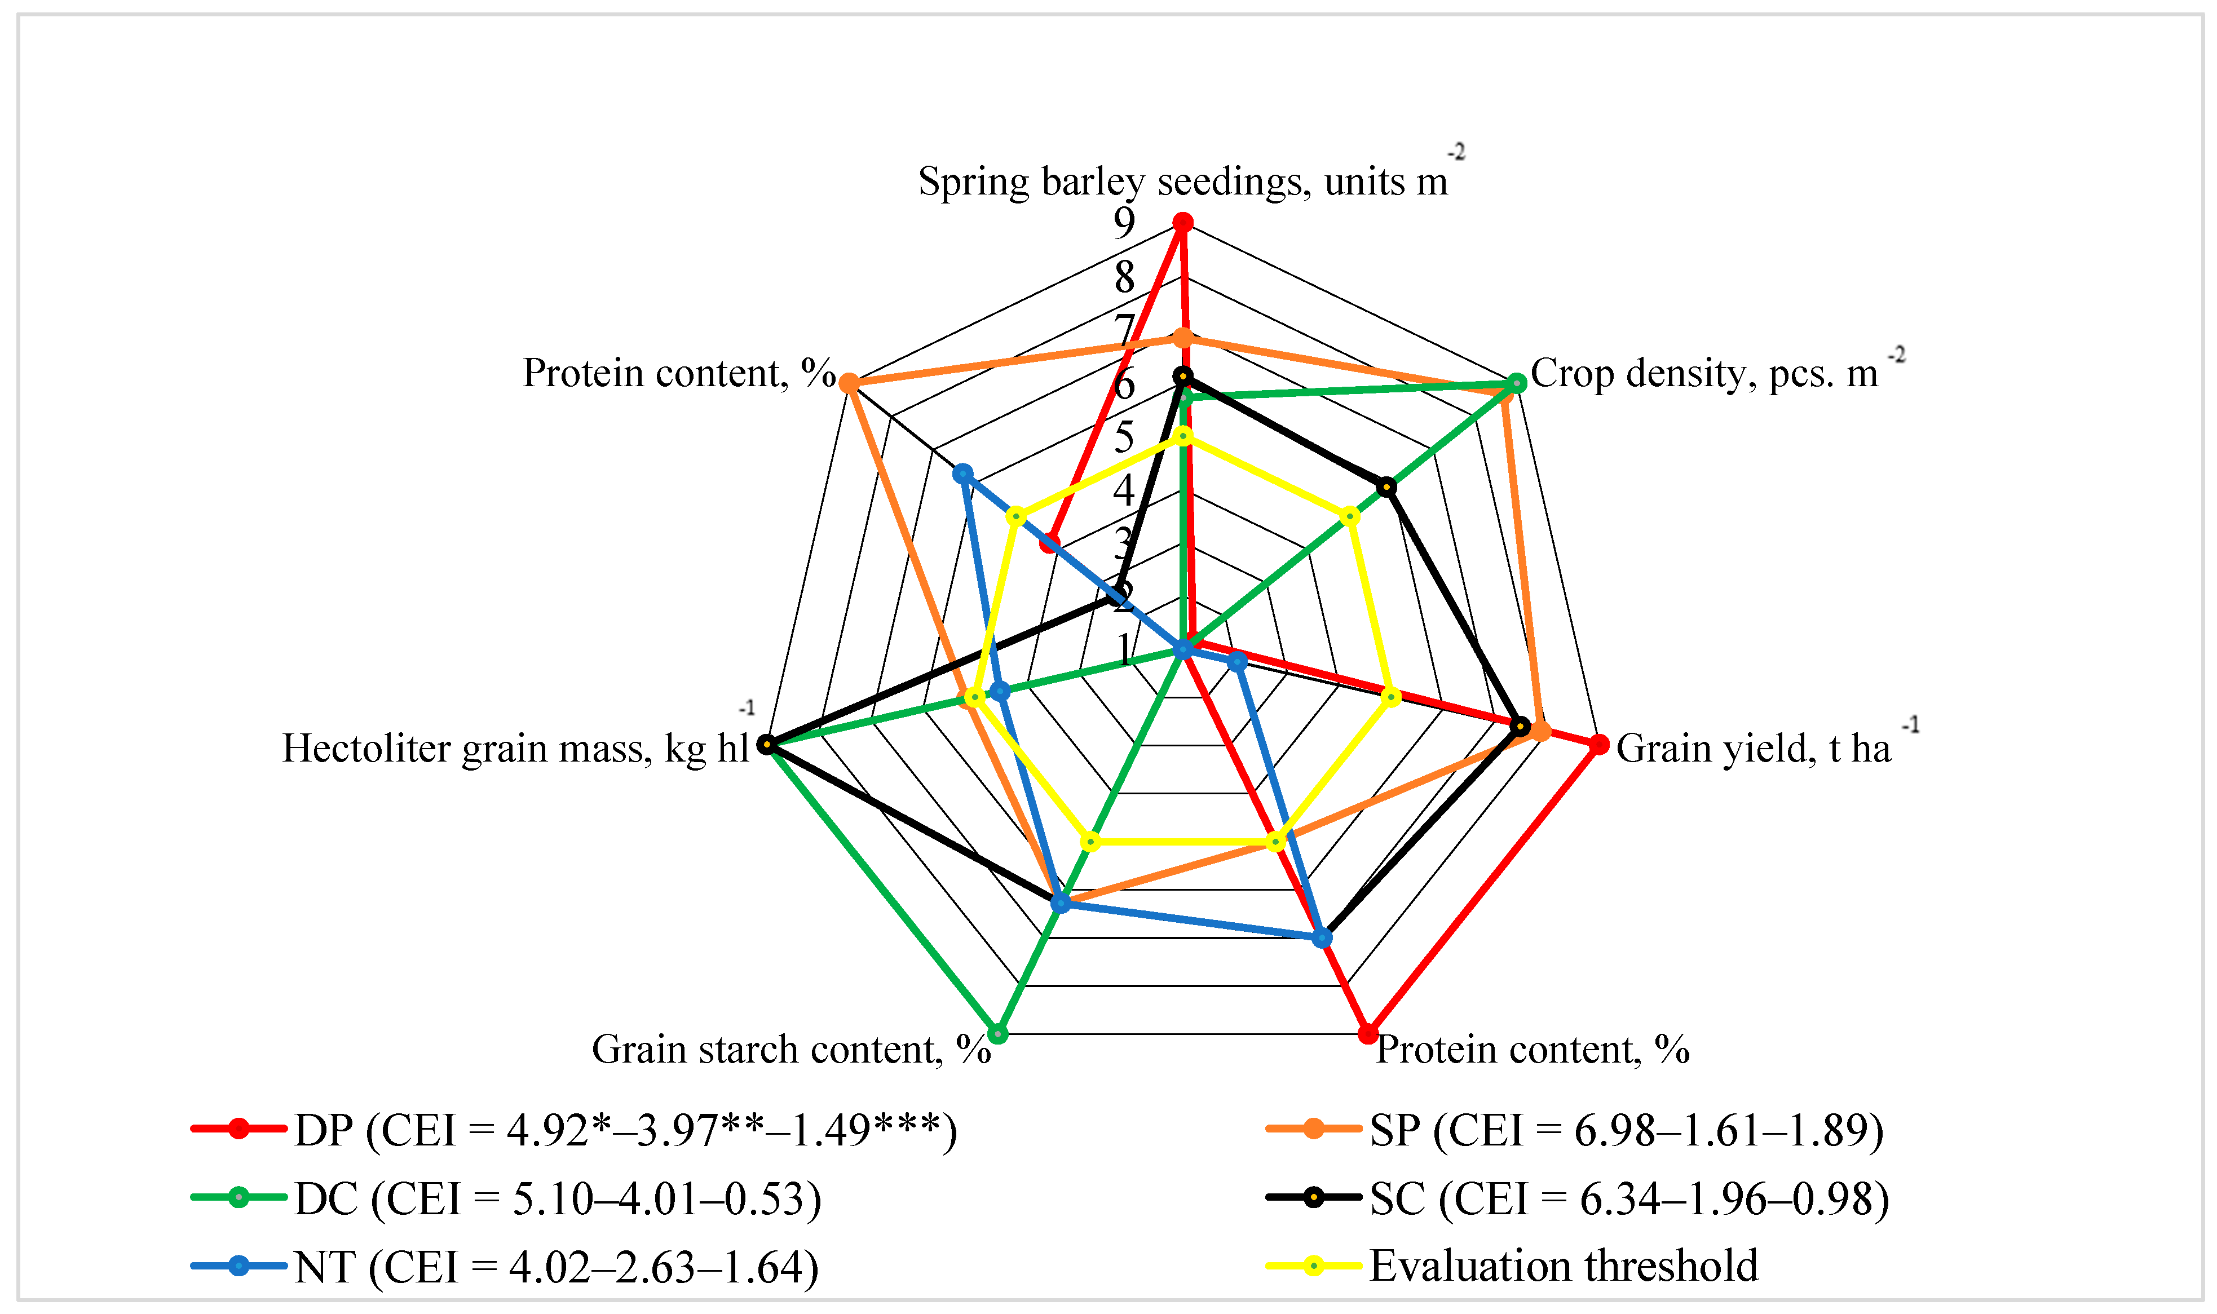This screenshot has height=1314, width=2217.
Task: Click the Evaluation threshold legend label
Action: point(1564,1266)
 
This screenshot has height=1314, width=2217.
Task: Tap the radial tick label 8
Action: point(1124,277)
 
